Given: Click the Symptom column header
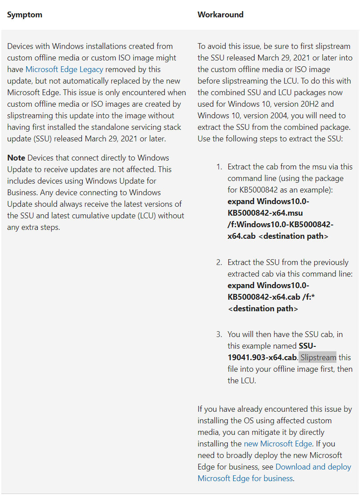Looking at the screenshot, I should (24, 15).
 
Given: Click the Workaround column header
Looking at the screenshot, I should (220, 15).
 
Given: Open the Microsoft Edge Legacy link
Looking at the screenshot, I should (64, 69).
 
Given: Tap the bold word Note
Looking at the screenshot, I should (16, 158).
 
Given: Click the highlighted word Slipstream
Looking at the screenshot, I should (318, 357).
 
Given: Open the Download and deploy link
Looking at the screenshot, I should (313, 466).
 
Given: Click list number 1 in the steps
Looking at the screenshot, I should (219, 167).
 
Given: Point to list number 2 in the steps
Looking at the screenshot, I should (219, 262).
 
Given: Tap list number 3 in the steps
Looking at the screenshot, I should (219, 334).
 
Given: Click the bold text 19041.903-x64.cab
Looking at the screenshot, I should (262, 357).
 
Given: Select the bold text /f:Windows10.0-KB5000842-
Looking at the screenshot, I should (280, 225).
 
